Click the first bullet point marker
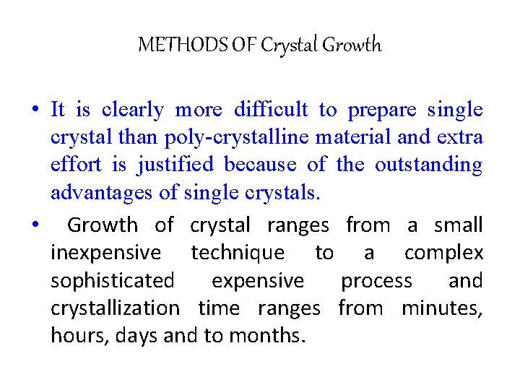point(35,110)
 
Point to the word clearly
point(133,110)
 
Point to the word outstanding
point(428,165)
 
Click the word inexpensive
point(106,253)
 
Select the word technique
point(238,253)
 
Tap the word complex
point(443,253)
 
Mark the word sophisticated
point(113,280)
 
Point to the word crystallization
point(115,308)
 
